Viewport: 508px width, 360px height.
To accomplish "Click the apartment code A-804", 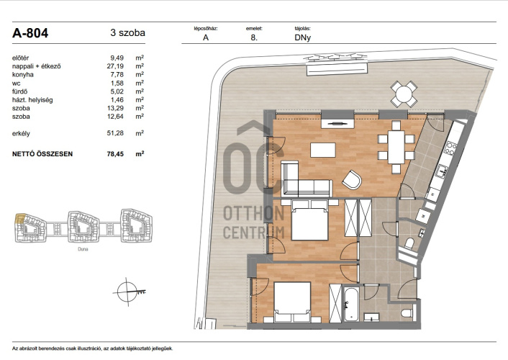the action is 30,33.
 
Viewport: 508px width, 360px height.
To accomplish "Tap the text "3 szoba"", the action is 127,32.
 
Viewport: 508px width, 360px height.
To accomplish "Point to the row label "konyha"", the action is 23,75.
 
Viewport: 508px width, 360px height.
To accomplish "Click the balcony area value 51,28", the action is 115,133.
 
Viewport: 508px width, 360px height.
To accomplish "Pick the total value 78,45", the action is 115,154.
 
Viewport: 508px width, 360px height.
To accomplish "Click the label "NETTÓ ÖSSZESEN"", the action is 42,154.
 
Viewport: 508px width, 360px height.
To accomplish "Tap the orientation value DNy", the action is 303,37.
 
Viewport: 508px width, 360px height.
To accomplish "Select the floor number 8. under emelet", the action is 254,37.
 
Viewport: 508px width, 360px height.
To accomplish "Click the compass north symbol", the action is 127,292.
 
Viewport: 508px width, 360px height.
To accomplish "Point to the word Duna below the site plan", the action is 83,249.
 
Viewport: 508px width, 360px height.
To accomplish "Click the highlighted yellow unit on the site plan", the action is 19,219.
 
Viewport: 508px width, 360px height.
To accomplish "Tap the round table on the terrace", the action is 404,94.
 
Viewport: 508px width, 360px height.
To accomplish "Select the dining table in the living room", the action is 396,147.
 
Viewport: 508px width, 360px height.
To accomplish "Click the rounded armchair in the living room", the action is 352,180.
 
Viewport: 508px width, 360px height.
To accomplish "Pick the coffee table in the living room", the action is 323,150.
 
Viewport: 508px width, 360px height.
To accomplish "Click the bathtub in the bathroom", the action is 351,304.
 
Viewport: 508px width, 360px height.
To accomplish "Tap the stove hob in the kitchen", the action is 450,148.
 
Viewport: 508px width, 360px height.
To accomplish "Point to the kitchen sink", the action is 441,170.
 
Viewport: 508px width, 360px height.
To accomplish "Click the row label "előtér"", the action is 20,58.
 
